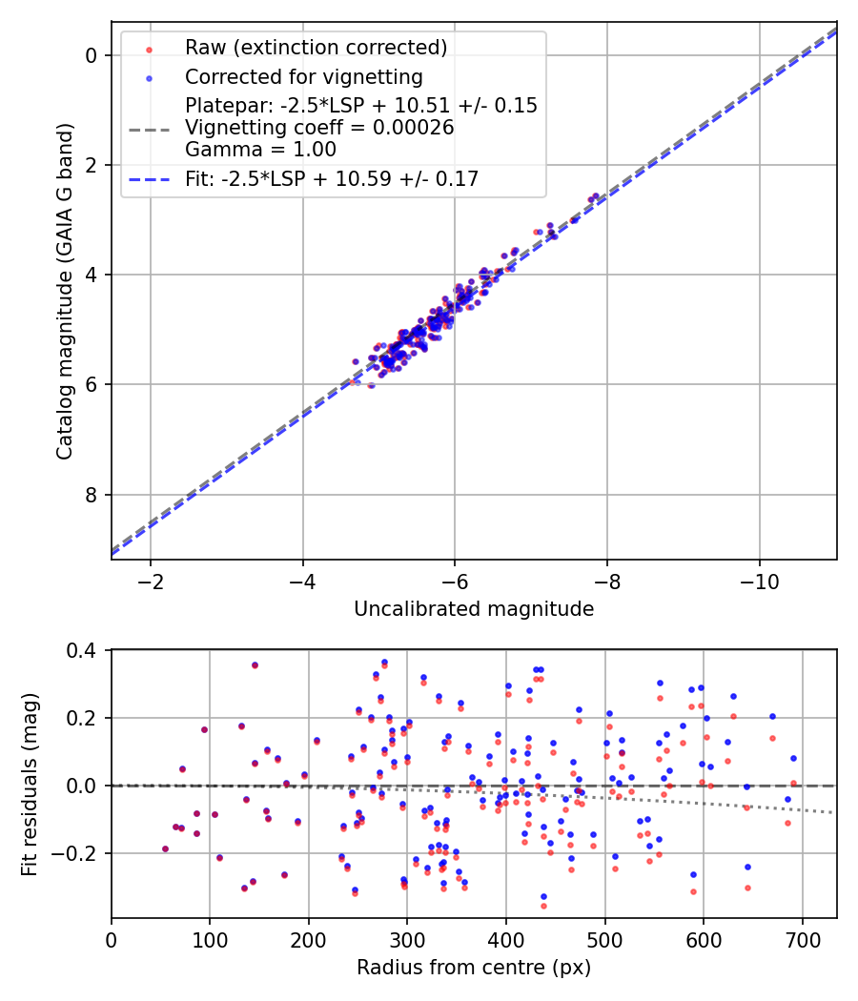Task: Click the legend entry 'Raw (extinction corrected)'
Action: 316,47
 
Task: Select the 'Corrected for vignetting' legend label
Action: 304,76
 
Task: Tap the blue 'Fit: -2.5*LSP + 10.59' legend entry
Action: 332,178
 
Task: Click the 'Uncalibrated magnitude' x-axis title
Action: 474,609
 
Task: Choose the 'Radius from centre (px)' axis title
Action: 474,968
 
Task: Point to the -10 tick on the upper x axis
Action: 759,581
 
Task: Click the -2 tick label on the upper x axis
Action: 150,581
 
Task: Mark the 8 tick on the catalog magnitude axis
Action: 92,495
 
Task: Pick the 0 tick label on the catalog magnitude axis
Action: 92,55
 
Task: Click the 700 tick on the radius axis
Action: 802,939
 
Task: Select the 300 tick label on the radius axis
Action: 407,939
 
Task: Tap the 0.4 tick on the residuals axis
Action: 84,651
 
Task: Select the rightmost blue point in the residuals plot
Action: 793,759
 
